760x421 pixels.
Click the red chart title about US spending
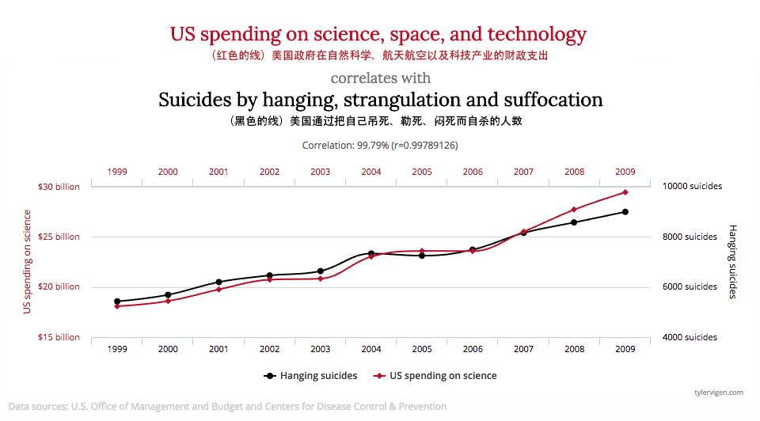click(x=378, y=35)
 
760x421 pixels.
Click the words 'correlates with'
click(x=380, y=78)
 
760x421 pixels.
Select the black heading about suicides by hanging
click(x=380, y=101)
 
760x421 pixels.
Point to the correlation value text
click(x=380, y=146)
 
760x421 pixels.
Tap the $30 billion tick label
click(x=59, y=187)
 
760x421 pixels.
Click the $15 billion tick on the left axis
click(x=59, y=337)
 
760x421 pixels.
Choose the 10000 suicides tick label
click(x=692, y=187)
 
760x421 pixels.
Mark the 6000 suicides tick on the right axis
click(x=690, y=286)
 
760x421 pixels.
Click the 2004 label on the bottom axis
click(x=370, y=349)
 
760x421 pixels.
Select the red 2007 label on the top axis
click(x=523, y=172)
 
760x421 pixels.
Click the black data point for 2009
click(x=625, y=212)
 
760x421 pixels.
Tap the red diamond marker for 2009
click(x=625, y=192)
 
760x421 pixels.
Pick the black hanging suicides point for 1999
click(x=117, y=302)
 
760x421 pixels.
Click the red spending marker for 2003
click(x=320, y=279)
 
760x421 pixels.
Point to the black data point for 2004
click(x=370, y=253)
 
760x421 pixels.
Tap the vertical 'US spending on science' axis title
click(x=27, y=261)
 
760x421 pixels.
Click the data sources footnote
click(x=227, y=407)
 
